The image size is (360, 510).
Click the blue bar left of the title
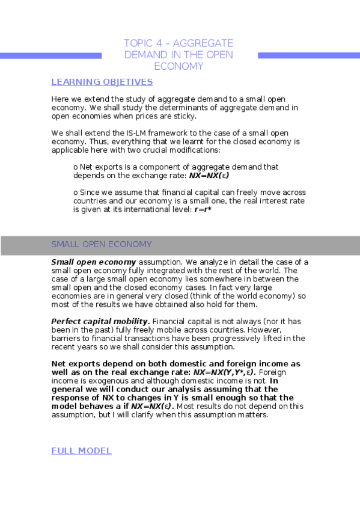tap(50, 55)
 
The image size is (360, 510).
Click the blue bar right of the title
tap(308, 55)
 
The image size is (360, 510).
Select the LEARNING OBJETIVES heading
tap(102, 82)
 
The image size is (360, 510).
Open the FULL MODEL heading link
tap(81, 450)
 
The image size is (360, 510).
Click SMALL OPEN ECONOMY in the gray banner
tap(102, 244)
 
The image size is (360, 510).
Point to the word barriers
tap(66, 338)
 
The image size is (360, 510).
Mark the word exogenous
tap(107, 381)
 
